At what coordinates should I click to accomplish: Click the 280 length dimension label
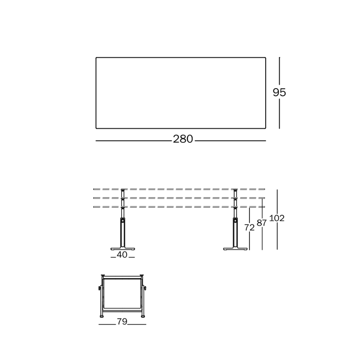[183, 139]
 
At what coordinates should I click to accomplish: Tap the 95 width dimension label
[279, 92]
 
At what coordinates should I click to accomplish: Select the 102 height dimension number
[276, 218]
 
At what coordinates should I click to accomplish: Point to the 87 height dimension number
[261, 223]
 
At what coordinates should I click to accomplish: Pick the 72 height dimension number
[249, 228]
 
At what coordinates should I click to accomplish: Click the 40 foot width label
[122, 255]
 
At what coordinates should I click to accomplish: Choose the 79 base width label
[122, 321]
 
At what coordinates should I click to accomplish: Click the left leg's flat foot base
[123, 249]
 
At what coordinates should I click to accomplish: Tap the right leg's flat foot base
[235, 249]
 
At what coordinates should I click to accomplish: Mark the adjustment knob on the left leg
[123, 221]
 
